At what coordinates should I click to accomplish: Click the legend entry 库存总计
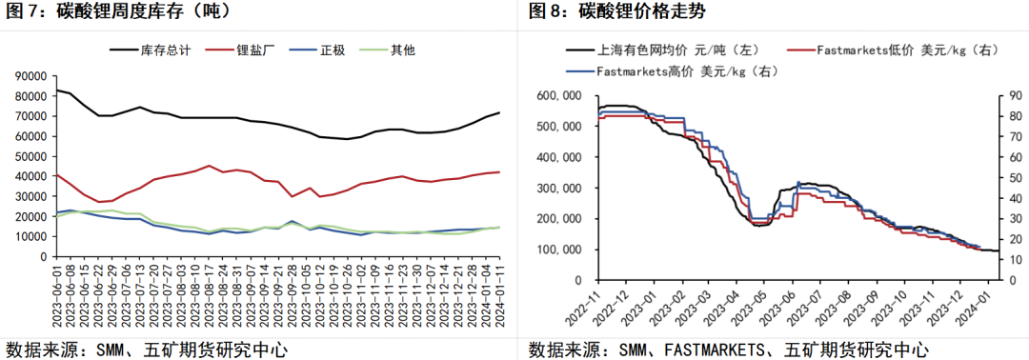tap(165, 49)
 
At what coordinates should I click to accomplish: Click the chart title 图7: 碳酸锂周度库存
tap(118, 13)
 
